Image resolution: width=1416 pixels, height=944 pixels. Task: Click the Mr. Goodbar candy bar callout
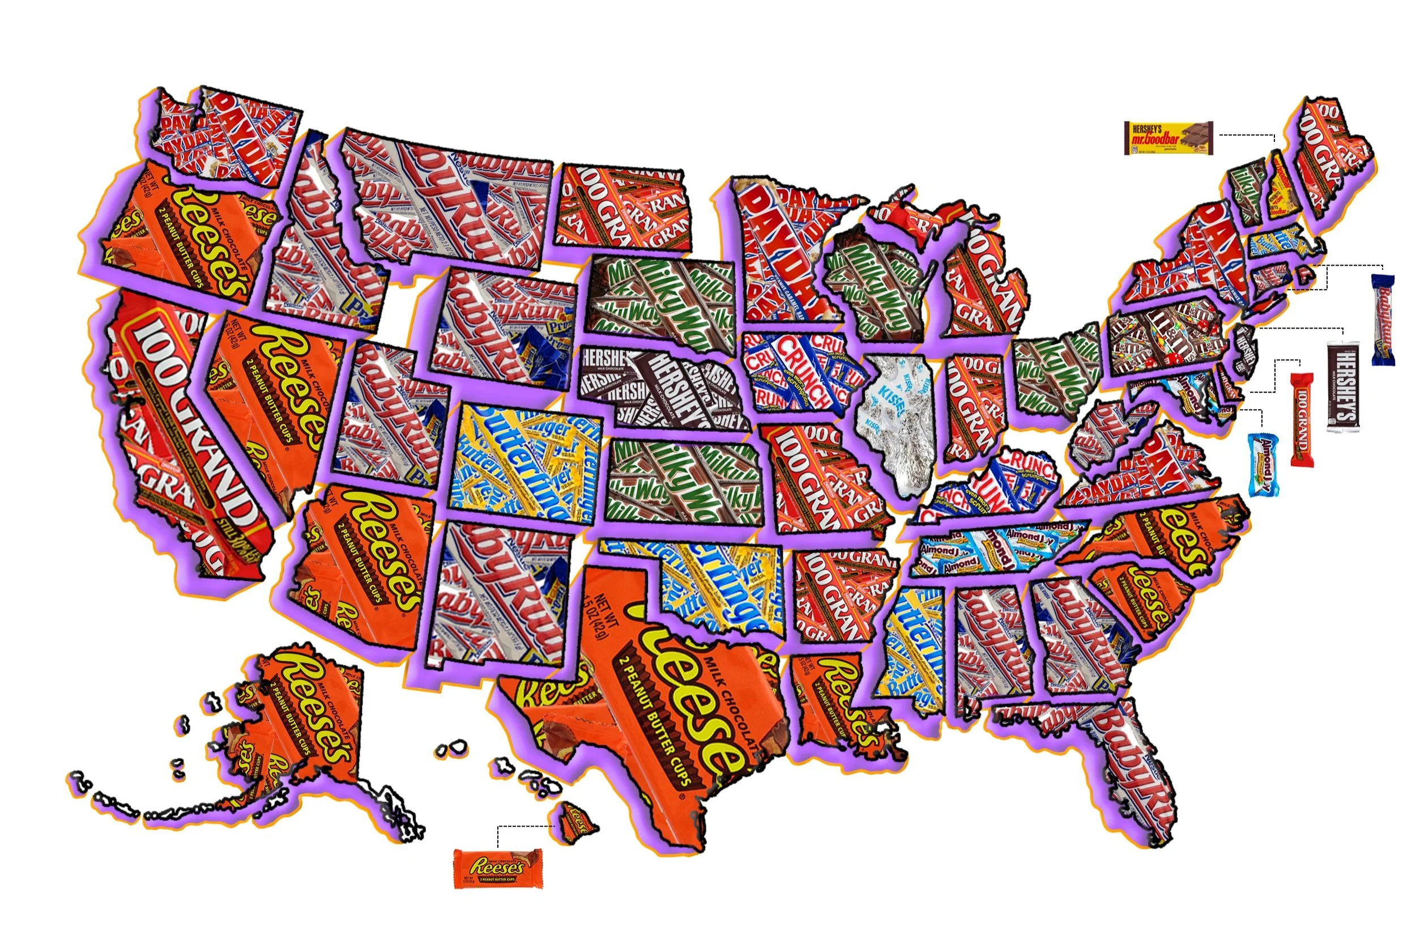coord(1167,138)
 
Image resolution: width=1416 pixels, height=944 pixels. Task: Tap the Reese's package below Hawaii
coord(497,868)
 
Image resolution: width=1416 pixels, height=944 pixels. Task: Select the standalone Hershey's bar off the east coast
coord(1342,386)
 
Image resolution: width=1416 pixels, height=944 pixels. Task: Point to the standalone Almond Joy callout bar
coord(1263,464)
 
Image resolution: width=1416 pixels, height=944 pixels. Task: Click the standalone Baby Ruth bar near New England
coord(1383,320)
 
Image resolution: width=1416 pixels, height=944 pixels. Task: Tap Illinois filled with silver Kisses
coord(897,422)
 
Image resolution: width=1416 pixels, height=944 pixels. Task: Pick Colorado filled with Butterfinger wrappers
coord(523,464)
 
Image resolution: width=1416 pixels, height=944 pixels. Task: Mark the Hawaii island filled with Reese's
coord(578,822)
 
